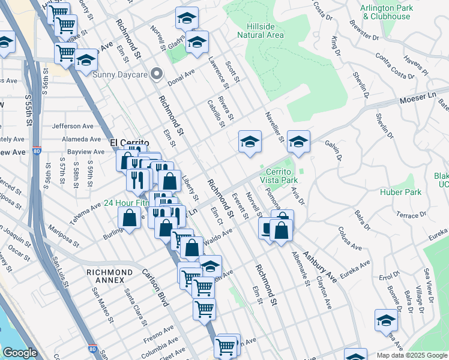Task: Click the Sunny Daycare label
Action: pyautogui.click(x=120, y=74)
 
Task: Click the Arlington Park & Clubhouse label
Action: pyautogui.click(x=385, y=12)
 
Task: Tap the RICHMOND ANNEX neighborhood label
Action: pyautogui.click(x=109, y=272)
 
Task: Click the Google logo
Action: pyautogui.click(x=20, y=353)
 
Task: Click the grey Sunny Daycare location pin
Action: pyautogui.click(x=157, y=74)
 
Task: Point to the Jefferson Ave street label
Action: pyautogui.click(x=73, y=126)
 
